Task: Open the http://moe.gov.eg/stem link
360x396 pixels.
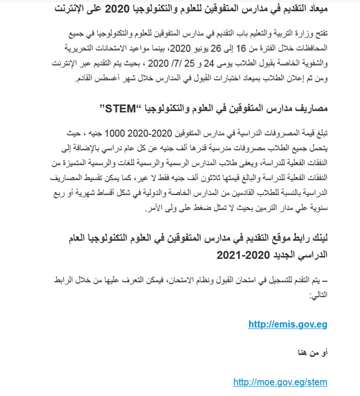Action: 280,382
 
